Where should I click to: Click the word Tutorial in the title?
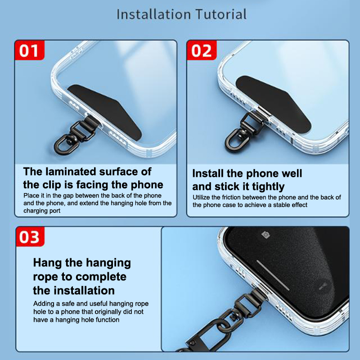pos(221,14)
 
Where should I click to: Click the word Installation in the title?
pos(153,14)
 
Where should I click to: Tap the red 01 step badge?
pos(29,50)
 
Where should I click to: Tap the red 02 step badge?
pos(202,50)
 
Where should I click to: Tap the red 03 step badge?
pos(30,237)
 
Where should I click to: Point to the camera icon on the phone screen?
pos(266,234)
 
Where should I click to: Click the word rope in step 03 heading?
pos(45,277)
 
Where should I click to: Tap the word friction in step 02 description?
pos(230,197)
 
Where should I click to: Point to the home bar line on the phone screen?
pos(273,275)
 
